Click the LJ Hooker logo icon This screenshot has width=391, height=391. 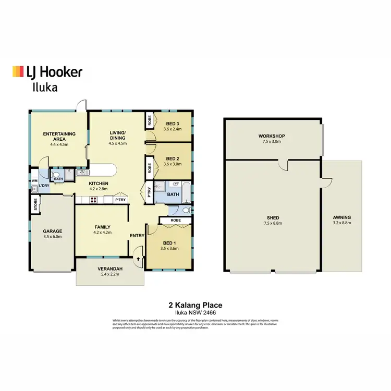18,72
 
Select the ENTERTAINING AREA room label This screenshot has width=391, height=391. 59,137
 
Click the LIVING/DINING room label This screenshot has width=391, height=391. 118,135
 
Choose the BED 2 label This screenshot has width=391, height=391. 173,158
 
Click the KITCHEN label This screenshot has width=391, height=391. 98,184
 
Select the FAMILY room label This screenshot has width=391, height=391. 102,227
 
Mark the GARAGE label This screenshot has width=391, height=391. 53,231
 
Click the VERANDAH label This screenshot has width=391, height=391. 110,269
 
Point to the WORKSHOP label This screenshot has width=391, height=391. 272,137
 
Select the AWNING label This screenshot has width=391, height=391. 342,217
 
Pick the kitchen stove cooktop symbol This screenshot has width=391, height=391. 94,199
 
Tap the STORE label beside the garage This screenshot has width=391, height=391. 36,204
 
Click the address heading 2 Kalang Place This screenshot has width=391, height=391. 195,306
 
